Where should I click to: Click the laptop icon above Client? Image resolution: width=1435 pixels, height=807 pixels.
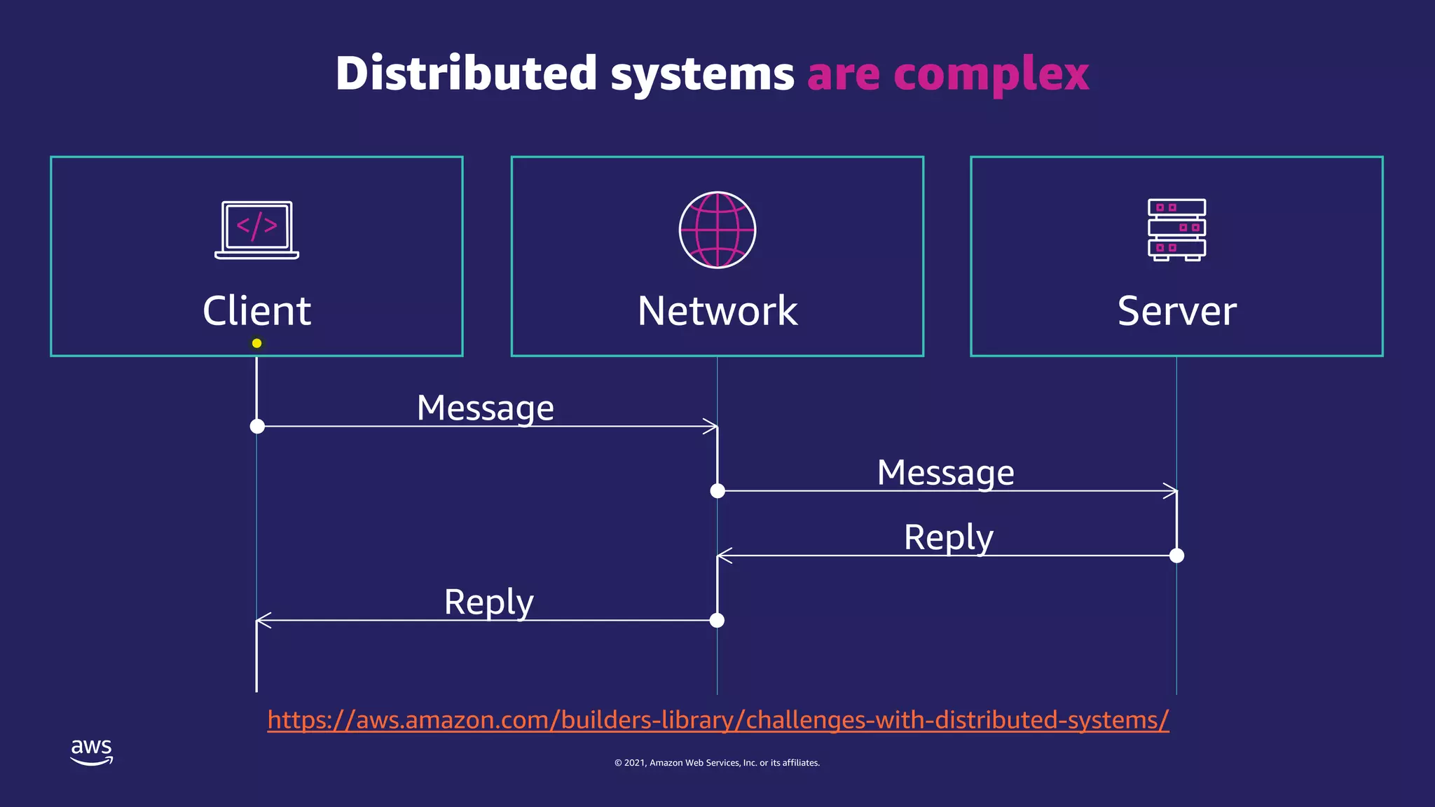[x=256, y=230]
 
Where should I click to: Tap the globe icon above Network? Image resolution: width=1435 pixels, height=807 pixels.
[x=717, y=230]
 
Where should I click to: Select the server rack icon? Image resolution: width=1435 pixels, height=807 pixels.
[x=1176, y=230]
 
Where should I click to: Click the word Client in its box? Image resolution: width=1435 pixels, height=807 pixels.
[x=256, y=311]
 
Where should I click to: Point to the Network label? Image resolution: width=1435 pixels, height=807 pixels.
[x=717, y=311]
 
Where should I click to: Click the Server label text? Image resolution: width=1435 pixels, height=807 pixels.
[x=1176, y=311]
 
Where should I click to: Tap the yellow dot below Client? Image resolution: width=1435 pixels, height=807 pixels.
[x=256, y=343]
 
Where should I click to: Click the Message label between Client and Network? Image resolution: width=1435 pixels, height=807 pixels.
[x=485, y=408]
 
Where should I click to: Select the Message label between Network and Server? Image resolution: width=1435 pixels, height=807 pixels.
[x=945, y=472]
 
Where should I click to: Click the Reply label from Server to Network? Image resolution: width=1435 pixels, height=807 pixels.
[x=948, y=537]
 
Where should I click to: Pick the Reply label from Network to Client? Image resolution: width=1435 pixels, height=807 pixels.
[x=488, y=602]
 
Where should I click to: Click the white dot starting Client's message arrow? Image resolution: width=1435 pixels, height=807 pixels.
[x=257, y=426]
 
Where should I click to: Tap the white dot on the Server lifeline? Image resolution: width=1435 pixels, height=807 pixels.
[x=1176, y=556]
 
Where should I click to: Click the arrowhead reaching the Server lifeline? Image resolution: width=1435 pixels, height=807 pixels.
[x=1171, y=491]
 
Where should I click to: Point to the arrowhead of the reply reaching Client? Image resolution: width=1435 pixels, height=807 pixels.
[x=263, y=620]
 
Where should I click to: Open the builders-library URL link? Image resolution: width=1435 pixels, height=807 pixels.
[x=717, y=720]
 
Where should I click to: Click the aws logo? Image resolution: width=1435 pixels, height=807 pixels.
[x=91, y=752]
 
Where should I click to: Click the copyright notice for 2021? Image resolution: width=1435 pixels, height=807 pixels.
[x=717, y=763]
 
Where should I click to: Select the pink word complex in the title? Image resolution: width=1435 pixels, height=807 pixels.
[x=991, y=74]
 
